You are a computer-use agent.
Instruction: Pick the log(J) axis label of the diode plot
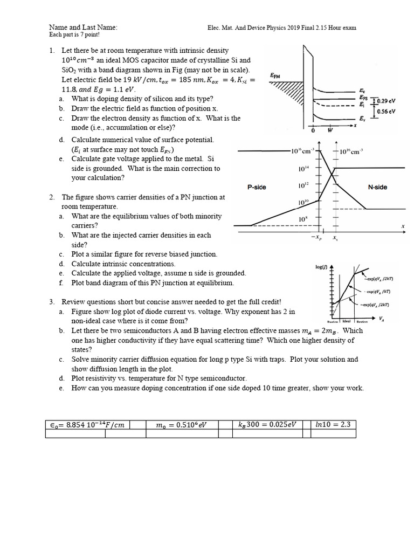[322, 267]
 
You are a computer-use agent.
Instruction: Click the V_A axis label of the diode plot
[382, 319]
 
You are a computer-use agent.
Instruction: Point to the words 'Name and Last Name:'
[83, 27]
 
